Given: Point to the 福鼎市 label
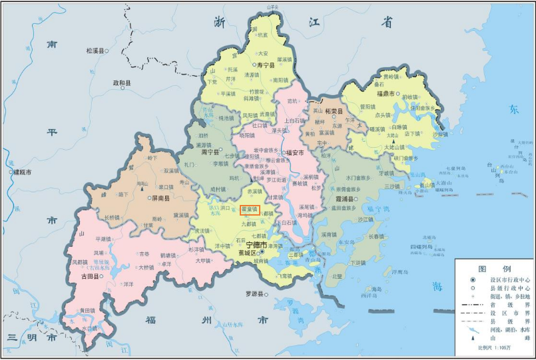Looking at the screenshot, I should click(x=386, y=94).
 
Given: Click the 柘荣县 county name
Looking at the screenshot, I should click(x=334, y=112).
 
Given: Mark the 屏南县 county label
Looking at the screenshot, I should click(x=158, y=199).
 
